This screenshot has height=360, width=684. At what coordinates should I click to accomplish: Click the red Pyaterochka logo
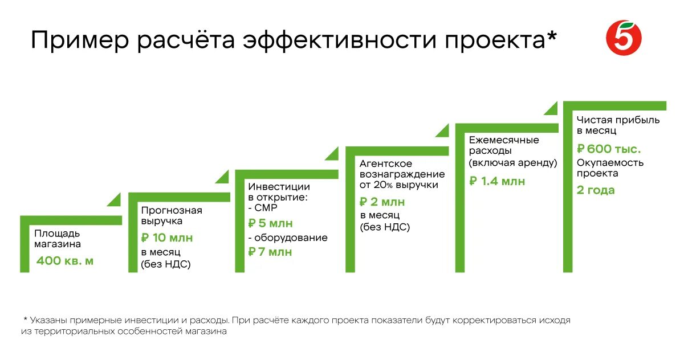[624, 38]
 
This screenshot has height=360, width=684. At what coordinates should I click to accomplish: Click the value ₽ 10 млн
[167, 238]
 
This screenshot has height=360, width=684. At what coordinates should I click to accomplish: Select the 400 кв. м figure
[65, 261]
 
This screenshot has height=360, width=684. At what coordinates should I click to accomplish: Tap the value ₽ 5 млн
[270, 223]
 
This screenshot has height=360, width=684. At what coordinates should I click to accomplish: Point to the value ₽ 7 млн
[270, 252]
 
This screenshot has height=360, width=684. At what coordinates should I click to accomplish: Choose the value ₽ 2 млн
[382, 202]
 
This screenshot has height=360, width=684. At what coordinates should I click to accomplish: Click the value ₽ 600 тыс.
[609, 149]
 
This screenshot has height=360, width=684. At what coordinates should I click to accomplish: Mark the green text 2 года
[596, 190]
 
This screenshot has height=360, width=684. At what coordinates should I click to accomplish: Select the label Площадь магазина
[58, 239]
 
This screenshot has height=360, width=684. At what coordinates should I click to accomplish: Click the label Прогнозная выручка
[171, 215]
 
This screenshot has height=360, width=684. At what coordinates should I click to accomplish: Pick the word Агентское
[386, 164]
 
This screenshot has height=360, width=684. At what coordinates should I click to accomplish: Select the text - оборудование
[287, 238]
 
